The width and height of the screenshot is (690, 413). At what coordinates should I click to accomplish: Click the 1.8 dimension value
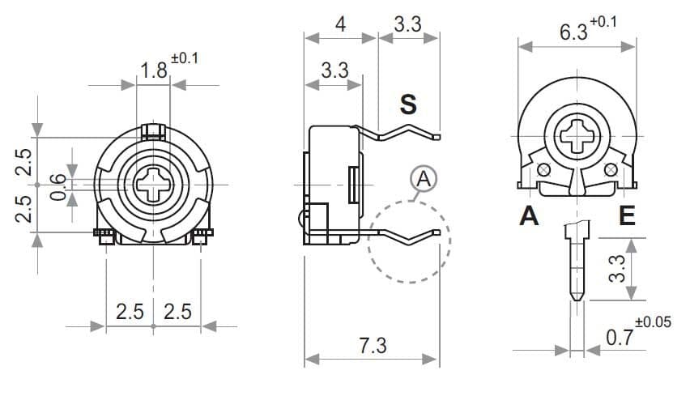pyautogui.click(x=153, y=70)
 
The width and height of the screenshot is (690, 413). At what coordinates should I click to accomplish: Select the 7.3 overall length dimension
pyautogui.click(x=372, y=346)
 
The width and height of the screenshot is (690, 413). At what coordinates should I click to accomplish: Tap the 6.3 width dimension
pyautogui.click(x=573, y=32)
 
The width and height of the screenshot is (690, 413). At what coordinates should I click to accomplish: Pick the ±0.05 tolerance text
pyautogui.click(x=654, y=322)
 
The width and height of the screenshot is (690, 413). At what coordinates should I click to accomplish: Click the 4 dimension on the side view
pyautogui.click(x=341, y=24)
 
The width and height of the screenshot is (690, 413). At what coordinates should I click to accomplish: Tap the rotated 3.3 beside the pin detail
pyautogui.click(x=616, y=268)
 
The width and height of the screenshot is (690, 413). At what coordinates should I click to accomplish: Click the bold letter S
pyautogui.click(x=408, y=104)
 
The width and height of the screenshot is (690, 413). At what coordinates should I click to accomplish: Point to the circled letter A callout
pyautogui.click(x=422, y=178)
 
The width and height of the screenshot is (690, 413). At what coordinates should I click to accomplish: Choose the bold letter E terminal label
pyautogui.click(x=627, y=216)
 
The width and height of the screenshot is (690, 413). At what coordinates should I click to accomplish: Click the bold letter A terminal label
pyautogui.click(x=529, y=216)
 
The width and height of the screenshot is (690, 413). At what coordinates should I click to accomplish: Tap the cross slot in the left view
pyautogui.click(x=153, y=185)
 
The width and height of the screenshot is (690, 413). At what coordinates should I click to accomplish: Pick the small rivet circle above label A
pyautogui.click(x=543, y=168)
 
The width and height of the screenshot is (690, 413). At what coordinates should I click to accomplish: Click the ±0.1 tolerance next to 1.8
pyautogui.click(x=185, y=58)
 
